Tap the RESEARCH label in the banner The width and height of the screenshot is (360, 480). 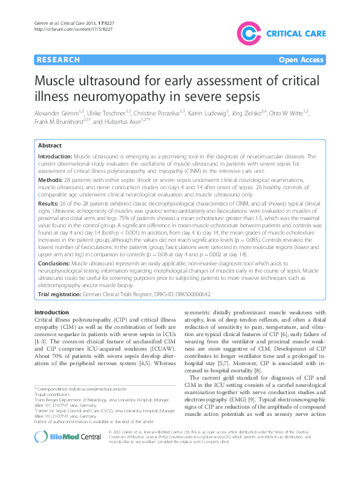(58, 60)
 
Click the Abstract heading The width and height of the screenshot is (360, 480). (50, 146)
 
